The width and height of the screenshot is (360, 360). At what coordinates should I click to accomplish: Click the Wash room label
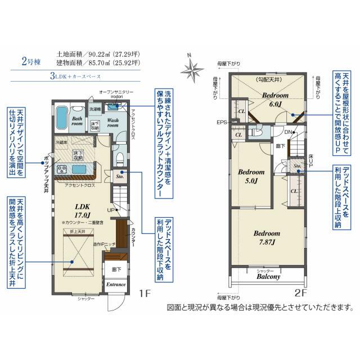112,123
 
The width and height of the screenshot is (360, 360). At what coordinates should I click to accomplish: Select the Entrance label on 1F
116,285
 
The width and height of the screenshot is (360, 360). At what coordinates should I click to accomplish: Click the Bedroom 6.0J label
275,100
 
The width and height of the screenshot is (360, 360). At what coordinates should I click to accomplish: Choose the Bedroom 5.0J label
250,176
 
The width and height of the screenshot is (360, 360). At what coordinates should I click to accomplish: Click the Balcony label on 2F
268,277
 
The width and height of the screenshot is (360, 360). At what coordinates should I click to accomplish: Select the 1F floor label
146,293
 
